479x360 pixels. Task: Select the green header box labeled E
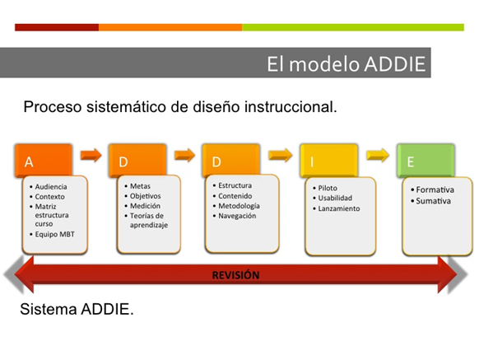pos(425,161)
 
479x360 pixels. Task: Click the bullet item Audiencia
pos(50,187)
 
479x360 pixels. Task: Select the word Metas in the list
pos(141,187)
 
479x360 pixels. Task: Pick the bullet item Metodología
pos(238,206)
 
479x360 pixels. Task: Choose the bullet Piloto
pos(328,189)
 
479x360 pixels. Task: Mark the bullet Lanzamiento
pos(338,209)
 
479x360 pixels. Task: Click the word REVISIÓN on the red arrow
pos(235,275)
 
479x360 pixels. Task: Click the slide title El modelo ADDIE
pos(346,64)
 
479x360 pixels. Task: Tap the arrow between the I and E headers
pos(378,154)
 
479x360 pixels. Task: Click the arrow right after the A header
pos(91,154)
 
